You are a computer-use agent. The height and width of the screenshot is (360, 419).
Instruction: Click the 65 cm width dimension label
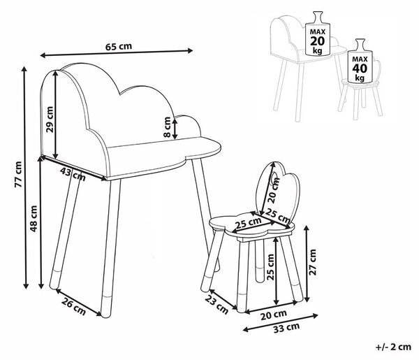[119, 47]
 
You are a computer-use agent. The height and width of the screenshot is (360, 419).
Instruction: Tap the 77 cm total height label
[19, 174]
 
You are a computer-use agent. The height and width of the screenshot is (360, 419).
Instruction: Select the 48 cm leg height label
[34, 219]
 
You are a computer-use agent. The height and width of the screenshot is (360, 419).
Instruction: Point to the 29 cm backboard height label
[50, 120]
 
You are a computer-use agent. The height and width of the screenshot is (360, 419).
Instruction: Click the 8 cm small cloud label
[167, 127]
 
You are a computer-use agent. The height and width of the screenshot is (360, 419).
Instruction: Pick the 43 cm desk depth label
[73, 174]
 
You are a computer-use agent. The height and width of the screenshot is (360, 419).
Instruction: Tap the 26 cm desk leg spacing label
[74, 306]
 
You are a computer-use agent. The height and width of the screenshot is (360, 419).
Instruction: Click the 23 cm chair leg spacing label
[216, 305]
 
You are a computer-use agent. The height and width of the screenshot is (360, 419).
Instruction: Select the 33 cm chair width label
[286, 327]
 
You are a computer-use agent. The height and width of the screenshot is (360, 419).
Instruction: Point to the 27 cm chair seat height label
[312, 262]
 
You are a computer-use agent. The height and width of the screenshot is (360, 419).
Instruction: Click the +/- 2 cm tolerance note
[393, 347]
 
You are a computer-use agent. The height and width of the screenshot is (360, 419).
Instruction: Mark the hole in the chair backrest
[273, 178]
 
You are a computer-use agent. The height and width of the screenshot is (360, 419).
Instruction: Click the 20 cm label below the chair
[274, 315]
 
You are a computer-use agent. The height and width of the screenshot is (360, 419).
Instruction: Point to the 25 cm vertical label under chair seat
[270, 267]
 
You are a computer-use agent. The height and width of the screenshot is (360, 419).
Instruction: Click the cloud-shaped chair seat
[251, 224]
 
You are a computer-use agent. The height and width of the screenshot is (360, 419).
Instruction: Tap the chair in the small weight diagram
[361, 88]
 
